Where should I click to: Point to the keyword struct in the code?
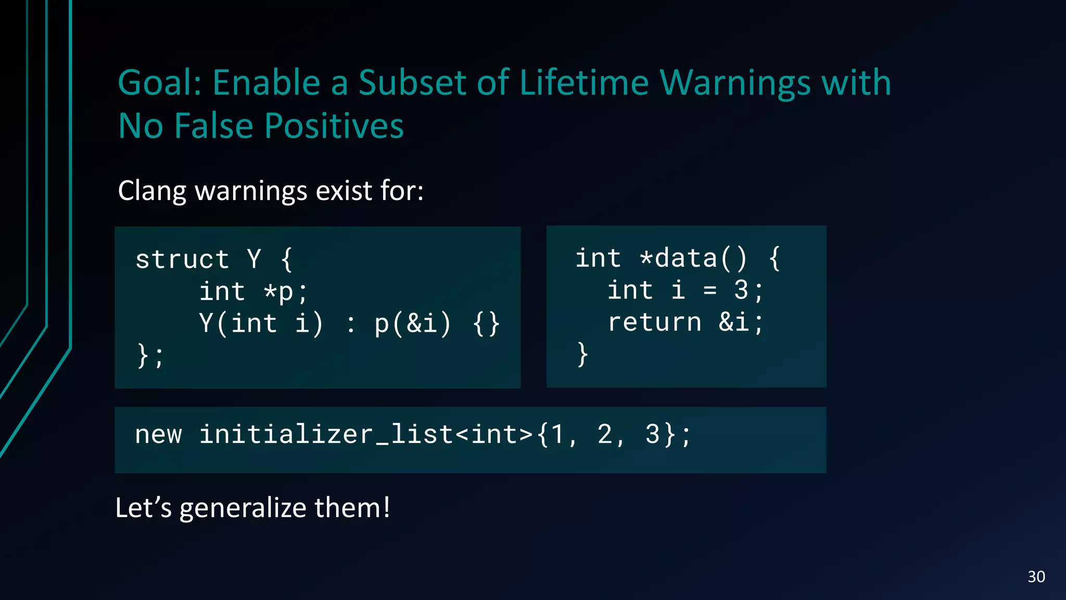click(182, 259)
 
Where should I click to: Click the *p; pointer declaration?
click(286, 291)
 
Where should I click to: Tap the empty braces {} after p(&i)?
click(487, 323)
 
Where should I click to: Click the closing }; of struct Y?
click(150, 356)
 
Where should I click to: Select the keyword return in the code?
click(655, 322)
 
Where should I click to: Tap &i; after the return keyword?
click(741, 322)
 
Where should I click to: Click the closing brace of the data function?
click(583, 354)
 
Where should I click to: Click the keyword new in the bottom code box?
click(159, 434)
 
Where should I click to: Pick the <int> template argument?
click(494, 434)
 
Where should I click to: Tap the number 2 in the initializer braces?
click(605, 434)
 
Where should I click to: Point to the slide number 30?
click(1036, 577)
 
